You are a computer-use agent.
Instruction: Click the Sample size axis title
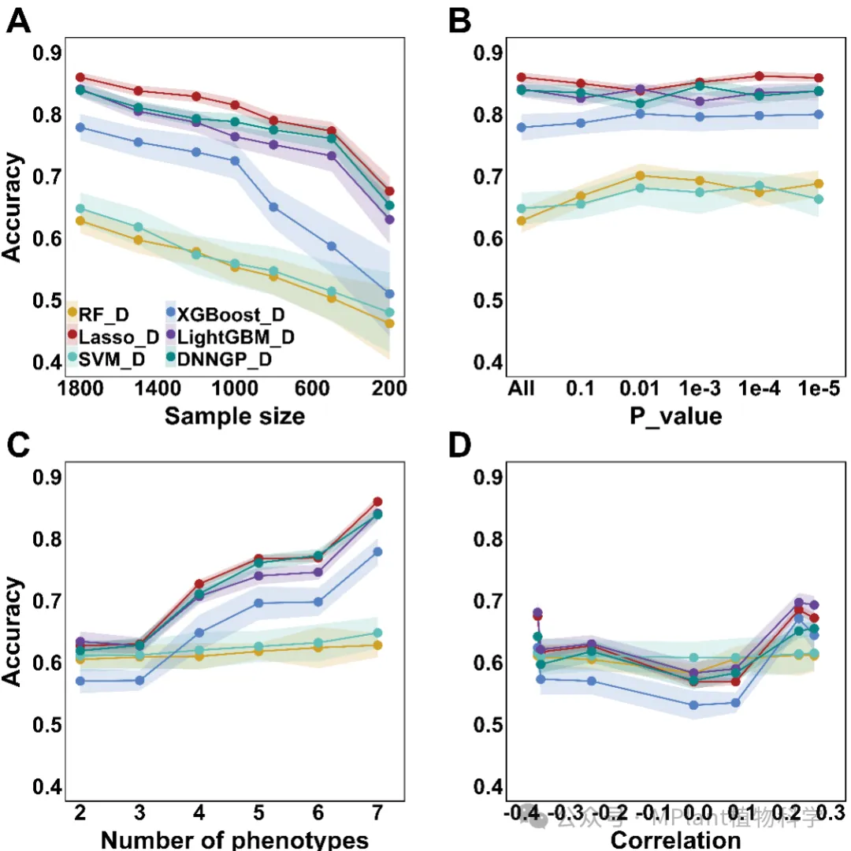(234, 414)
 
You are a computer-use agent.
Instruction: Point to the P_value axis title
(675, 415)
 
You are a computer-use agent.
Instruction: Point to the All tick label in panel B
(522, 388)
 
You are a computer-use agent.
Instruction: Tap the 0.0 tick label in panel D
(693, 812)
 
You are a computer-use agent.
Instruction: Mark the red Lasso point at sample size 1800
(80, 77)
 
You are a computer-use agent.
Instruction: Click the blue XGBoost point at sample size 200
(388, 294)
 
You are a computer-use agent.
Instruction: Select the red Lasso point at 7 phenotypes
(377, 502)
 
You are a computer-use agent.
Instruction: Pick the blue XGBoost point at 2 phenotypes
(80, 680)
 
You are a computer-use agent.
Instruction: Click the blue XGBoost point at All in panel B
(521, 127)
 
